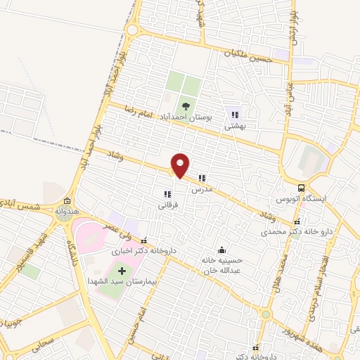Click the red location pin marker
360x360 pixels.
click(181, 165)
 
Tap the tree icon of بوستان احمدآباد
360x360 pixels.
click(186, 106)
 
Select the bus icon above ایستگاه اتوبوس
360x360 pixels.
click(301, 188)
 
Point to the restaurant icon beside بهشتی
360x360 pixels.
click(235, 114)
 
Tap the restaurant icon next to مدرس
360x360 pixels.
click(202, 179)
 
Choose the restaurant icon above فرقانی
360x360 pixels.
click(167, 195)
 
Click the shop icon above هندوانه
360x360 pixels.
click(67, 200)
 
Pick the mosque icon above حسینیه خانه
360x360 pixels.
click(222, 250)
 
